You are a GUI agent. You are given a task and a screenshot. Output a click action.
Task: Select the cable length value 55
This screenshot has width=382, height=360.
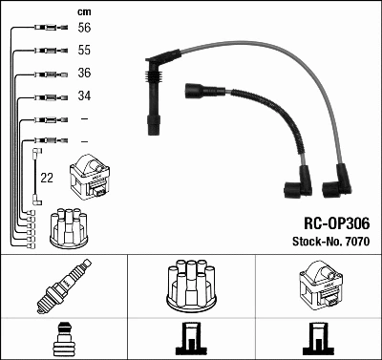(x=83, y=50)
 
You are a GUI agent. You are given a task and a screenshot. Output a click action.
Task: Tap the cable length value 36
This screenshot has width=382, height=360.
(x=83, y=74)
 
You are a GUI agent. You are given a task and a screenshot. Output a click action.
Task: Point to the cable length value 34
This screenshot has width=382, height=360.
(x=83, y=96)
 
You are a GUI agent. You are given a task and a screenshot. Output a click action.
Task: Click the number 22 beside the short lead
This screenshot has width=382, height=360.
(x=47, y=176)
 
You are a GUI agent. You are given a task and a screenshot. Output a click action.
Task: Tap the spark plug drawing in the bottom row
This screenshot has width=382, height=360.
(x=63, y=287)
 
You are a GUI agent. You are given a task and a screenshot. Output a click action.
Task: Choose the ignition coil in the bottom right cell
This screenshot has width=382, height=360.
(x=318, y=286)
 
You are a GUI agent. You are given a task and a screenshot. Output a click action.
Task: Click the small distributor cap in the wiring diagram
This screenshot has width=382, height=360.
(x=73, y=227)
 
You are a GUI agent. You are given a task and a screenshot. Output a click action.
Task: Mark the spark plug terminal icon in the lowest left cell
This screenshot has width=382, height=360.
(x=63, y=338)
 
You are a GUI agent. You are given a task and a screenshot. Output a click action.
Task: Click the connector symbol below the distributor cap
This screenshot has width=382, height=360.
(x=191, y=339)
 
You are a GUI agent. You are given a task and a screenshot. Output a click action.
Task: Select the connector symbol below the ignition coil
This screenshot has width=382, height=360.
(x=318, y=339)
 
